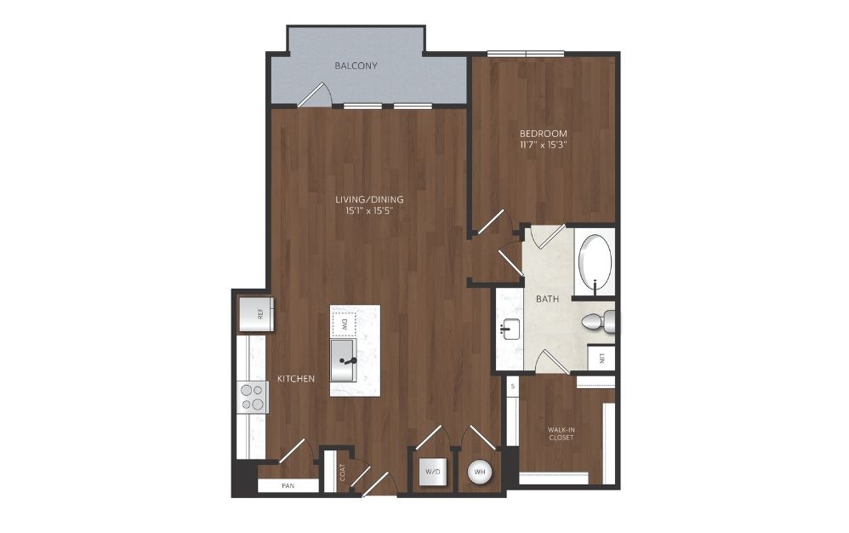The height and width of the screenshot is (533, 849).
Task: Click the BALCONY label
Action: point(356,66)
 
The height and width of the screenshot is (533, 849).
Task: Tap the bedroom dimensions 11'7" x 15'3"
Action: point(543,145)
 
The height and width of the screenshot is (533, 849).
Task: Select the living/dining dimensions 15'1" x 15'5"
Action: point(368,210)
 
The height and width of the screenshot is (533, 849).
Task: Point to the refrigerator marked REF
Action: point(256,313)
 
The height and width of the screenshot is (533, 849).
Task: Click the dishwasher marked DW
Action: point(344,324)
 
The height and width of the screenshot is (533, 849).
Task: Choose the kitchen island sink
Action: point(344,361)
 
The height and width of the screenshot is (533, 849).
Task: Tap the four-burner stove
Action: point(253,397)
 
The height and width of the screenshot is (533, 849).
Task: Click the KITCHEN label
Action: point(296,379)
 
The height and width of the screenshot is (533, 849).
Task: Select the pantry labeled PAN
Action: point(288,485)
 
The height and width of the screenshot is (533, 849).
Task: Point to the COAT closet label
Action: point(342,473)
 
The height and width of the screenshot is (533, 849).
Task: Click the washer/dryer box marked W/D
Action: point(433,472)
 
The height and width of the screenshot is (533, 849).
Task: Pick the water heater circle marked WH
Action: point(480,472)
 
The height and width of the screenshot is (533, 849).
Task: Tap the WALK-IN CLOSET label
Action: point(561,433)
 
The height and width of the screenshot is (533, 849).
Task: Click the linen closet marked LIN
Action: point(601,358)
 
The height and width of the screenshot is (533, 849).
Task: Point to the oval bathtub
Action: point(595,262)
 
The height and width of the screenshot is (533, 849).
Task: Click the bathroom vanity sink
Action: point(510,329)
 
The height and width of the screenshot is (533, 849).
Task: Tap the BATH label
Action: point(547,299)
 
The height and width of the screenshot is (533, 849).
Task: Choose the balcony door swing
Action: point(315,95)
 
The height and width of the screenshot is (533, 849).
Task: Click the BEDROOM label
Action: point(543,133)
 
